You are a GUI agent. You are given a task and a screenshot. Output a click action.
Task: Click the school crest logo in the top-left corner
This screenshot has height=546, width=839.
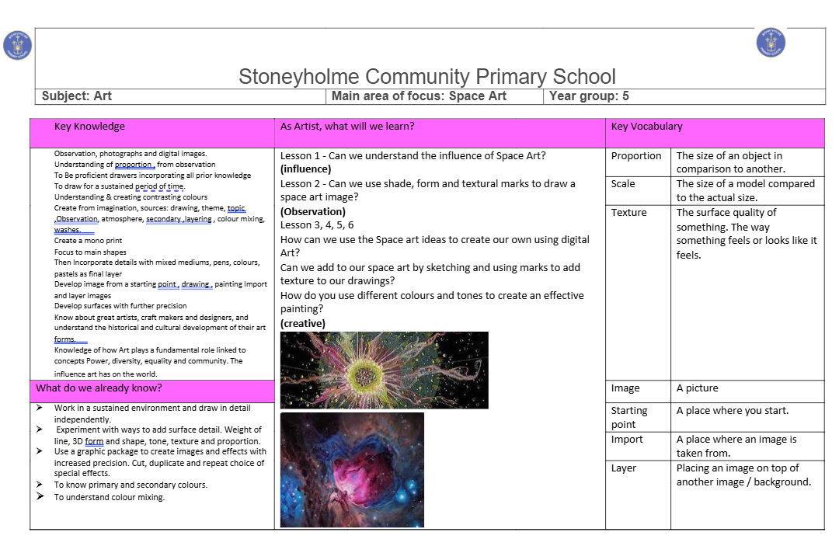click(x=17, y=45)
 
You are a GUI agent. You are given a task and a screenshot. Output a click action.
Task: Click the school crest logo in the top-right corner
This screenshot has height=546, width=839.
click(x=771, y=43)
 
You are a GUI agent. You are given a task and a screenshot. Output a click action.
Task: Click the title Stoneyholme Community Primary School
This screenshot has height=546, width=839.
click(x=426, y=77)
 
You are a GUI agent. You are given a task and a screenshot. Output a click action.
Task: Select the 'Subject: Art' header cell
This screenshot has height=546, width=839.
click(x=77, y=96)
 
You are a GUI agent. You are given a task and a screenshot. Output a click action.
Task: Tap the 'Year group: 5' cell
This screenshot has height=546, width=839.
click(x=589, y=96)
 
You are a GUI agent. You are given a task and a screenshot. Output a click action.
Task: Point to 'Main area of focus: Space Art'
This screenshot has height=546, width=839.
click(x=419, y=96)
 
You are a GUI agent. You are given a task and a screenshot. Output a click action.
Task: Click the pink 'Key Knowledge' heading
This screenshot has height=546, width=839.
click(x=89, y=127)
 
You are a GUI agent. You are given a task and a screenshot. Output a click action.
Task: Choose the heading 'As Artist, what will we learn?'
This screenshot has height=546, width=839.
click(x=347, y=127)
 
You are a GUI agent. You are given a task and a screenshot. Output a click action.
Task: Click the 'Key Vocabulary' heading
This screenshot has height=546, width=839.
click(x=646, y=127)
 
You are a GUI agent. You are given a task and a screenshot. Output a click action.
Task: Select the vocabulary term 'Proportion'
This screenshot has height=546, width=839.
click(x=636, y=156)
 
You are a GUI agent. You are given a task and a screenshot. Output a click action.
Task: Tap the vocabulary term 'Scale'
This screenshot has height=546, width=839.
click(x=623, y=184)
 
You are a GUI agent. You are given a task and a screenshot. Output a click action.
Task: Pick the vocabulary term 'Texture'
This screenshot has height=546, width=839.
click(x=628, y=212)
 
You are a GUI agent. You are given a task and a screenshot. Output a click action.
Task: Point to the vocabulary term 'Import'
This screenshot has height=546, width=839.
click(x=627, y=440)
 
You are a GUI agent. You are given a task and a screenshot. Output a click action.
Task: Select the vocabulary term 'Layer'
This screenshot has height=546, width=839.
click(x=624, y=468)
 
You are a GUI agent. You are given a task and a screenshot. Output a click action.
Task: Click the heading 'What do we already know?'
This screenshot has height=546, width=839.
click(x=99, y=388)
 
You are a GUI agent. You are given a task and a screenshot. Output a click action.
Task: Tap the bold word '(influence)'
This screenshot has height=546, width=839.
click(x=305, y=169)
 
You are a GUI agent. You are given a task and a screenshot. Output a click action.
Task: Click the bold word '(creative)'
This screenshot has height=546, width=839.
click(x=303, y=324)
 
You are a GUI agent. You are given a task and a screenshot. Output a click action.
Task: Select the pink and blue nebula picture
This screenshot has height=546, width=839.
click(x=352, y=470)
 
